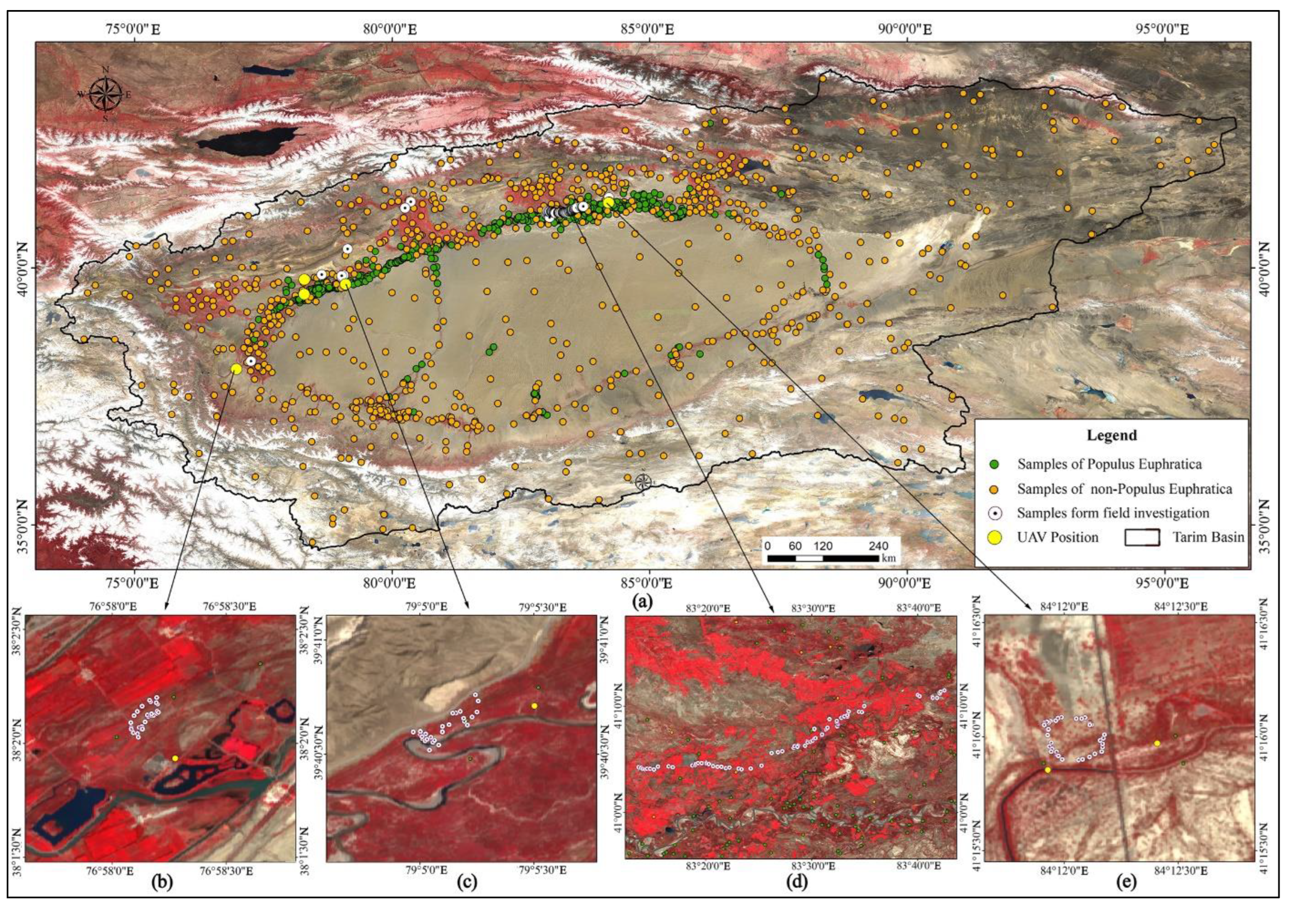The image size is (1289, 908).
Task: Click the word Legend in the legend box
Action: tap(1111, 435)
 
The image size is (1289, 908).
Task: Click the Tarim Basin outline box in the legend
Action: tap(1142, 537)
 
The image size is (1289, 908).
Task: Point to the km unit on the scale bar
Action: tap(888, 558)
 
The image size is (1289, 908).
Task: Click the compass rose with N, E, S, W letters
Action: tap(106, 94)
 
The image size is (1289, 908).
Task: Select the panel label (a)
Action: tap(642, 602)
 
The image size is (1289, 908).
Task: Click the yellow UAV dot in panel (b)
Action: tap(175, 758)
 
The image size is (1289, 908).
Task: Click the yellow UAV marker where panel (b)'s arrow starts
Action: tap(236, 369)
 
